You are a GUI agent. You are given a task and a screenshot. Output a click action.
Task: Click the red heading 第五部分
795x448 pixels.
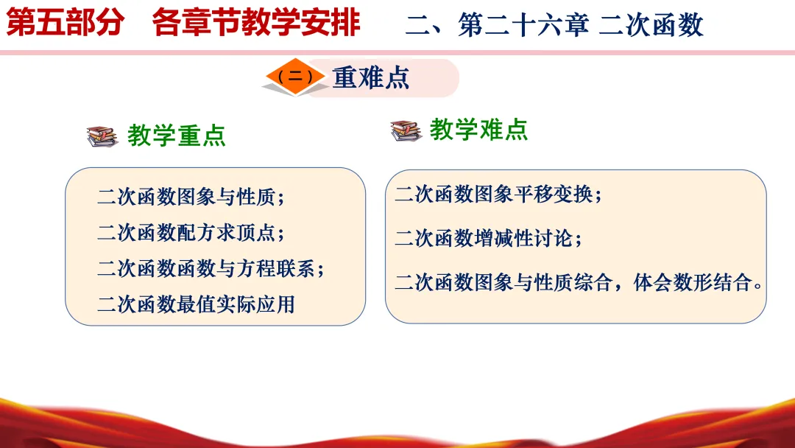click(x=65, y=23)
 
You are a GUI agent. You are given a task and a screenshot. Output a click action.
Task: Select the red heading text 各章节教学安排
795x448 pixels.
click(x=256, y=23)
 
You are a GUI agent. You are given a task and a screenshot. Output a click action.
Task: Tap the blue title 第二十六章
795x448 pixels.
click(x=523, y=25)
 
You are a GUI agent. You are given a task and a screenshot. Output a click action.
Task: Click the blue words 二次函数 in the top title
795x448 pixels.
click(x=651, y=25)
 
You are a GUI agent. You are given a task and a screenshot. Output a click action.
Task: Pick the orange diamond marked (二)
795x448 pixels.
click(x=295, y=77)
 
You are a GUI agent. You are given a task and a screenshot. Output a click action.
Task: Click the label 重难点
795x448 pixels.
click(x=370, y=78)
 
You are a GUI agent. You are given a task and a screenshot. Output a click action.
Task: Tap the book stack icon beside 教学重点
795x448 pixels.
click(x=102, y=136)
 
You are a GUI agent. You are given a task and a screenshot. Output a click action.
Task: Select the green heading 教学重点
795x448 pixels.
click(x=177, y=136)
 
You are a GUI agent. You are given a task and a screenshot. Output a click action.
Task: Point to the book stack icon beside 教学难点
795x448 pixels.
click(x=406, y=130)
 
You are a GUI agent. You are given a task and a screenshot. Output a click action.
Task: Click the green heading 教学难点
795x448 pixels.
click(x=478, y=130)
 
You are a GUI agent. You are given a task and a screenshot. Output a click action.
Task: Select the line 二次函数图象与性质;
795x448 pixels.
click(x=191, y=197)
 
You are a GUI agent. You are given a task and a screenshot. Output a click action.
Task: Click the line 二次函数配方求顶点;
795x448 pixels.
click(x=191, y=233)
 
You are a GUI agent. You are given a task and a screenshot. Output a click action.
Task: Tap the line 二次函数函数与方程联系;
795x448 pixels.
click(x=211, y=269)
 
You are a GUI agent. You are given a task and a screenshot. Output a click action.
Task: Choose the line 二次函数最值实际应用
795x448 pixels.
click(x=197, y=304)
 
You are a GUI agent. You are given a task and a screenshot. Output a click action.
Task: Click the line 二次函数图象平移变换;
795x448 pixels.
click(x=498, y=195)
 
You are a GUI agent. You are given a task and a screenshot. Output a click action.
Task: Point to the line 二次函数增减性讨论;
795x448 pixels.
click(x=488, y=239)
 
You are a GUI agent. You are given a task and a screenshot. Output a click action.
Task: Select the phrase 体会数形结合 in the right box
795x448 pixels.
click(x=693, y=283)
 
